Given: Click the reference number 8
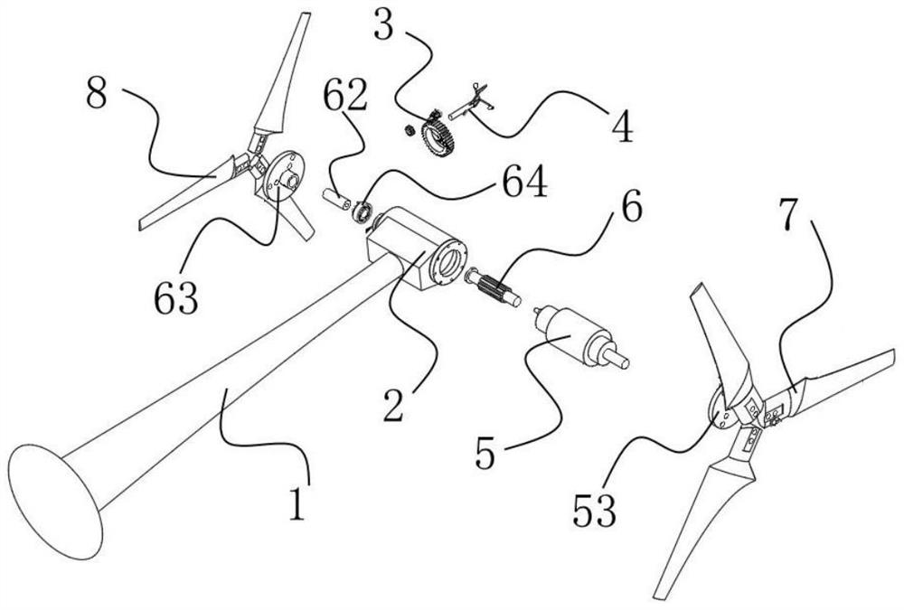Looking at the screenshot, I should click(x=96, y=94).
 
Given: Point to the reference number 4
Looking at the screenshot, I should click(x=621, y=128).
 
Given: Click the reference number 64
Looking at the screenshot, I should click(x=525, y=185).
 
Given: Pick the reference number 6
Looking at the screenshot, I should click(x=630, y=210).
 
